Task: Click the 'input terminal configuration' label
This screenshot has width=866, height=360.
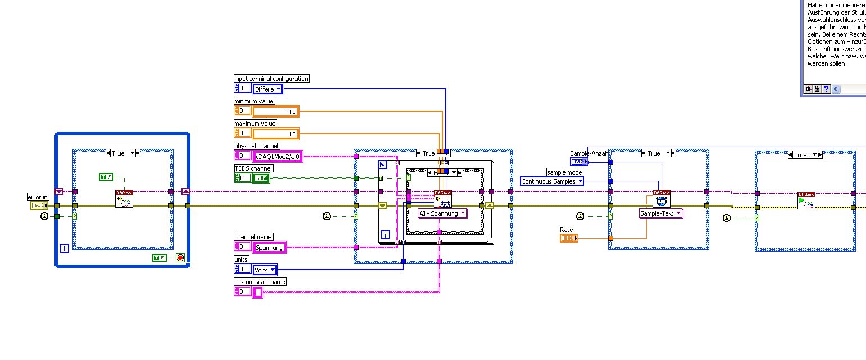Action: click(x=272, y=79)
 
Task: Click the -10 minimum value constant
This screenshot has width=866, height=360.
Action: click(x=276, y=112)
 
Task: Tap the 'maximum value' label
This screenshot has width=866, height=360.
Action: click(x=255, y=124)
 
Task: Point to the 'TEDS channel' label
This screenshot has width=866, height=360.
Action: click(x=253, y=168)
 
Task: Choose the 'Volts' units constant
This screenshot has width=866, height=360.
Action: click(x=265, y=270)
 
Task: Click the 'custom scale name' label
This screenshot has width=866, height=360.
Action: click(x=260, y=282)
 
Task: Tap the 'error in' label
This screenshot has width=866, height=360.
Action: click(x=38, y=197)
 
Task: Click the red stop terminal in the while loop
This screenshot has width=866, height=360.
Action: click(x=180, y=258)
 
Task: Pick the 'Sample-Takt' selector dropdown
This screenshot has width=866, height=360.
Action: click(x=661, y=213)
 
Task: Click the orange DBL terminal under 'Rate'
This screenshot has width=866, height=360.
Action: click(x=568, y=238)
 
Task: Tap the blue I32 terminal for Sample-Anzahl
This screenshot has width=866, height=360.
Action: click(x=579, y=162)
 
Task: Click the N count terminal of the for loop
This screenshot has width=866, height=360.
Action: click(x=382, y=165)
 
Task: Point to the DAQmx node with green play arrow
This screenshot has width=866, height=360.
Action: click(x=806, y=200)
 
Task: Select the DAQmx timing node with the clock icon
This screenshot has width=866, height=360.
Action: click(x=662, y=199)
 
